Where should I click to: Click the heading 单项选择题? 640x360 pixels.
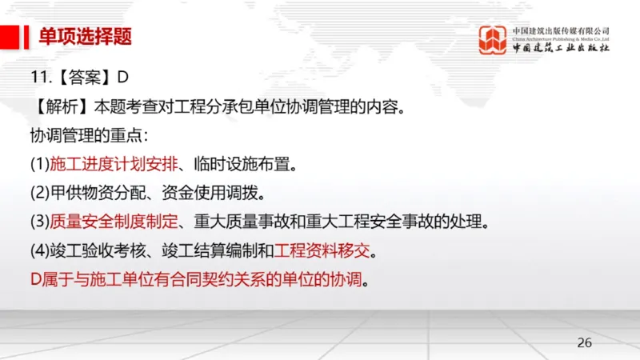(86, 36)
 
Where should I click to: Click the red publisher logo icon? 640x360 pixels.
(492, 40)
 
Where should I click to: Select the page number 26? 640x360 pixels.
(585, 342)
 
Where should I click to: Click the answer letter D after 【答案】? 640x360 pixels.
(122, 78)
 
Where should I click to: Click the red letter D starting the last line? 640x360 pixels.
(35, 280)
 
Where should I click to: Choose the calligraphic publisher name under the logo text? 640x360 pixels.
(562, 48)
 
